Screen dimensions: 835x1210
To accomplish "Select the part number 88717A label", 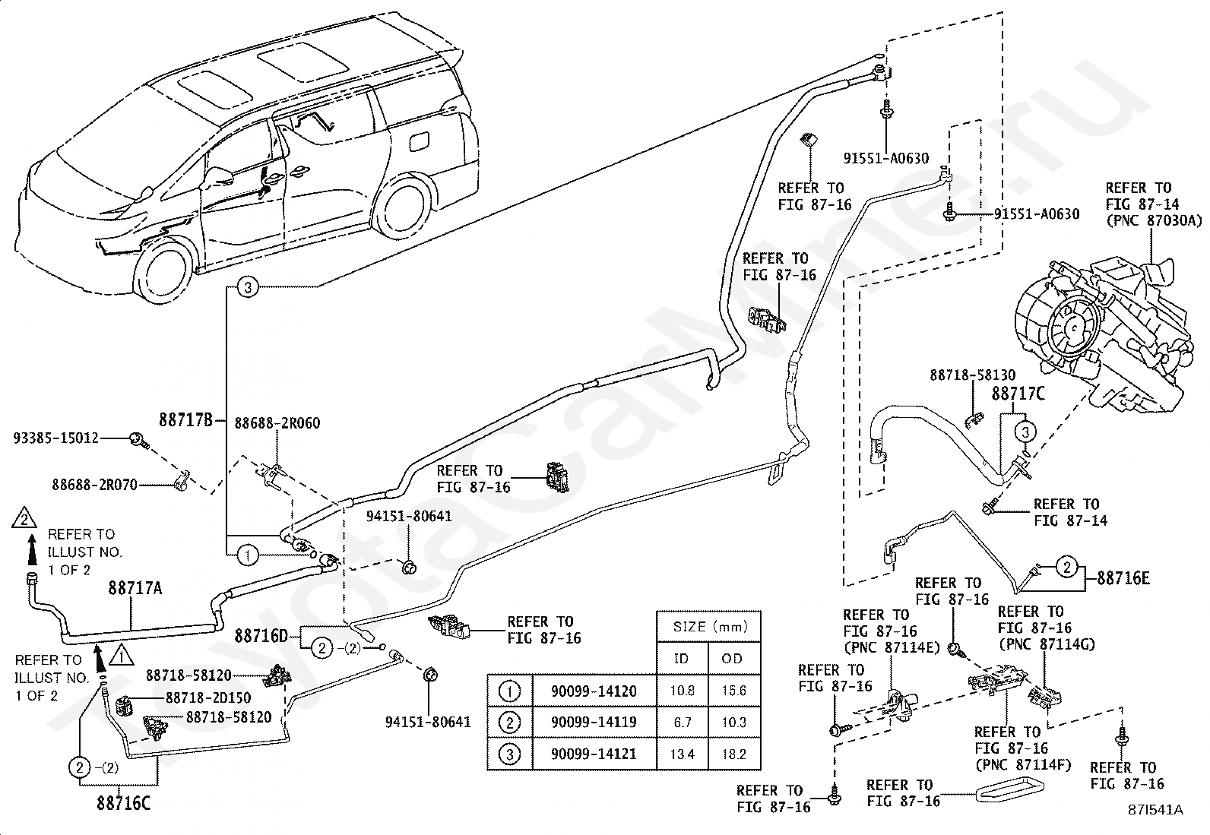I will pos(135,587).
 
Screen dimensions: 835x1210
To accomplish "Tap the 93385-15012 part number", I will pos(56,438).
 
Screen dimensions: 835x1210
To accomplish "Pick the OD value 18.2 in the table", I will pos(733,754).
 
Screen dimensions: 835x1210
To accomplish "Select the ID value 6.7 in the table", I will pos(682,723).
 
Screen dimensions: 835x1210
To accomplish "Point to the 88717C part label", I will pos(1018,394).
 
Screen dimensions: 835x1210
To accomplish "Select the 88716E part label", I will pos(1123,579).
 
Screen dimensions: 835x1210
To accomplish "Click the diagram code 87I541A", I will pos(1155,810).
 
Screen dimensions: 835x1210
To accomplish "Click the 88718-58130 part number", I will pos(972,375).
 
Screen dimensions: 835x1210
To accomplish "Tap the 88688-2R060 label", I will pos(277,423).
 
